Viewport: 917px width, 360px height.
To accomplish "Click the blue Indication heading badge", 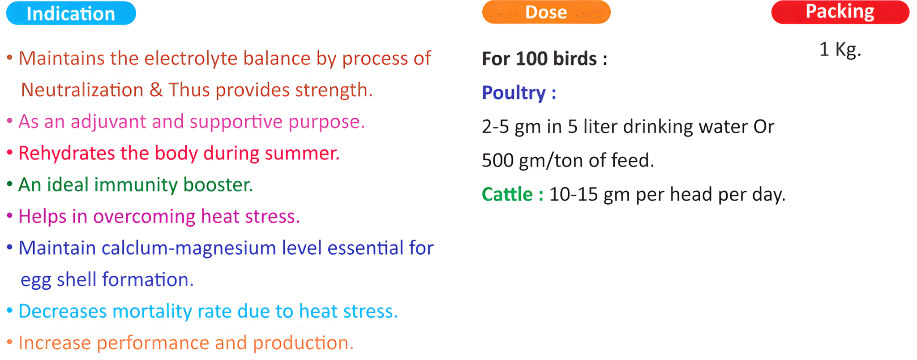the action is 71,13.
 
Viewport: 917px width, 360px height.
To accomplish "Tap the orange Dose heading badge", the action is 546,12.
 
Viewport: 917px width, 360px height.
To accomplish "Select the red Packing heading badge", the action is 840,12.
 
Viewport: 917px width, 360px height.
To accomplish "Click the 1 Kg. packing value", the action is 840,50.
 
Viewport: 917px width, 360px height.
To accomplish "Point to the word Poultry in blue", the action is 514,93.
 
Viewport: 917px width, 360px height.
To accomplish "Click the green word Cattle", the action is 507,194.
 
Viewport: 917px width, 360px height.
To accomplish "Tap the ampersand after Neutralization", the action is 156,90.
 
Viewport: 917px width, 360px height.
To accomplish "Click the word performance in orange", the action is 153,343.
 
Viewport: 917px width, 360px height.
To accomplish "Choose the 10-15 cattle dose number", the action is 574,194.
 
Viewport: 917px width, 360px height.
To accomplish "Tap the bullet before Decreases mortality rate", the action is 9,310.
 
